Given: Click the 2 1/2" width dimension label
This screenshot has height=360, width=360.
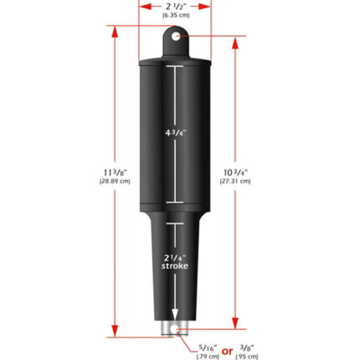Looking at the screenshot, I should point(176,6).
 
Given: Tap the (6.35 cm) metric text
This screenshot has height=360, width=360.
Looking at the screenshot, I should point(176,15).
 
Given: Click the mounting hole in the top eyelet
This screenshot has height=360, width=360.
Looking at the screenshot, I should point(176,36).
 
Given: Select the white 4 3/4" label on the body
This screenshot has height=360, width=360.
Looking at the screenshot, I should point(176,131).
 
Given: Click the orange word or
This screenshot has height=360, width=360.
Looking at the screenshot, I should point(226,350).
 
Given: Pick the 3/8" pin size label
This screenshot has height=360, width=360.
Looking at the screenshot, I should point(246,347).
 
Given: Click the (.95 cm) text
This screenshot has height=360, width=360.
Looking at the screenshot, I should point(246,356).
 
